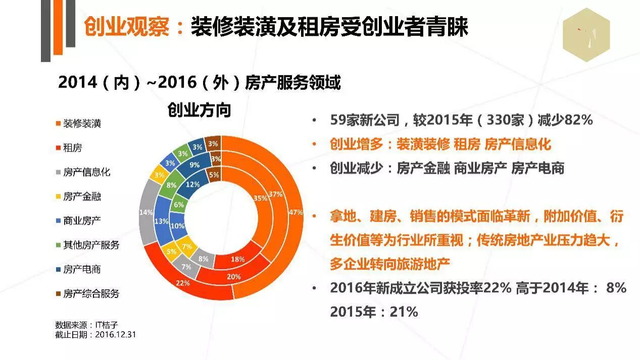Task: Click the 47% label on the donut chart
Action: [294, 212]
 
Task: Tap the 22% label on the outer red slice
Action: [183, 283]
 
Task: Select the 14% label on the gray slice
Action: [146, 213]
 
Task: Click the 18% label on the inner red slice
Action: [237, 259]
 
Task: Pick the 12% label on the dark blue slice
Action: [192, 184]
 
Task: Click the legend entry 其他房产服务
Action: [91, 245]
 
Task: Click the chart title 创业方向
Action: [199, 110]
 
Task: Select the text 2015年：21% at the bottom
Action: [374, 312]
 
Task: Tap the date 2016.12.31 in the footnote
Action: [116, 334]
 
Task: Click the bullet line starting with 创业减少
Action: [447, 168]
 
